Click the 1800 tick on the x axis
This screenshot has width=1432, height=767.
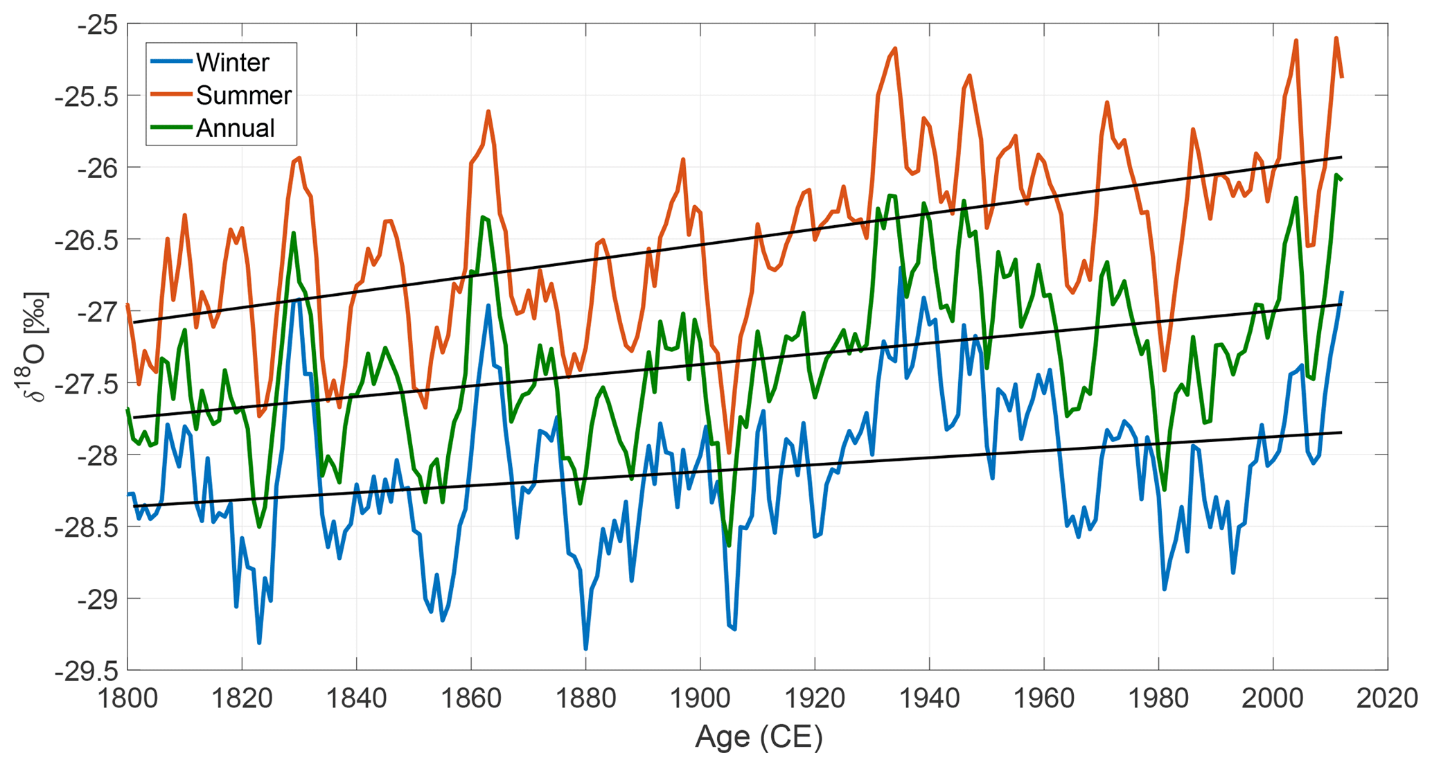127,698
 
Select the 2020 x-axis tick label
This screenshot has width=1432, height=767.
1387,698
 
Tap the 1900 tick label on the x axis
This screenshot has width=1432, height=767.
700,698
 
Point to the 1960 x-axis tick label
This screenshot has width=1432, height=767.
1043,698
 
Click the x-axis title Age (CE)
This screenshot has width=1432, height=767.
758,737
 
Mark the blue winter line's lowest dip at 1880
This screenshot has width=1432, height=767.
585,649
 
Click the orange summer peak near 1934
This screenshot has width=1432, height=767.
895,49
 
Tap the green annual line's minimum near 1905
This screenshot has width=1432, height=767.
729,545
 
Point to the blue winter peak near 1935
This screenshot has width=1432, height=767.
901,268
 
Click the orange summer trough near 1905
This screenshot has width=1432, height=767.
729,452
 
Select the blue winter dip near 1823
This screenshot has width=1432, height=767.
259,643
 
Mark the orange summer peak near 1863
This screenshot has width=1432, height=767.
488,111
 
